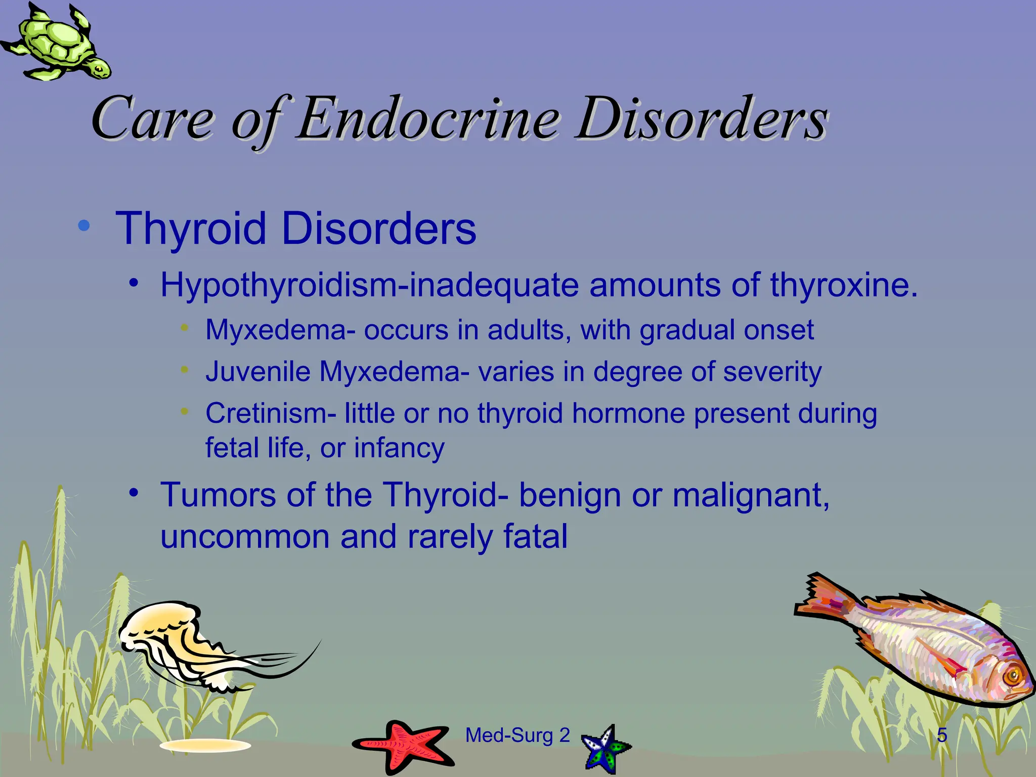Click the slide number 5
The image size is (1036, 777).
(942, 735)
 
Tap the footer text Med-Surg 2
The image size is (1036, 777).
(517, 735)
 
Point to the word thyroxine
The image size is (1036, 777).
(843, 285)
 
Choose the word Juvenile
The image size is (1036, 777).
(257, 372)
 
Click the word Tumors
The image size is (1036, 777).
(218, 494)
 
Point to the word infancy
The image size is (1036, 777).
(399, 448)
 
